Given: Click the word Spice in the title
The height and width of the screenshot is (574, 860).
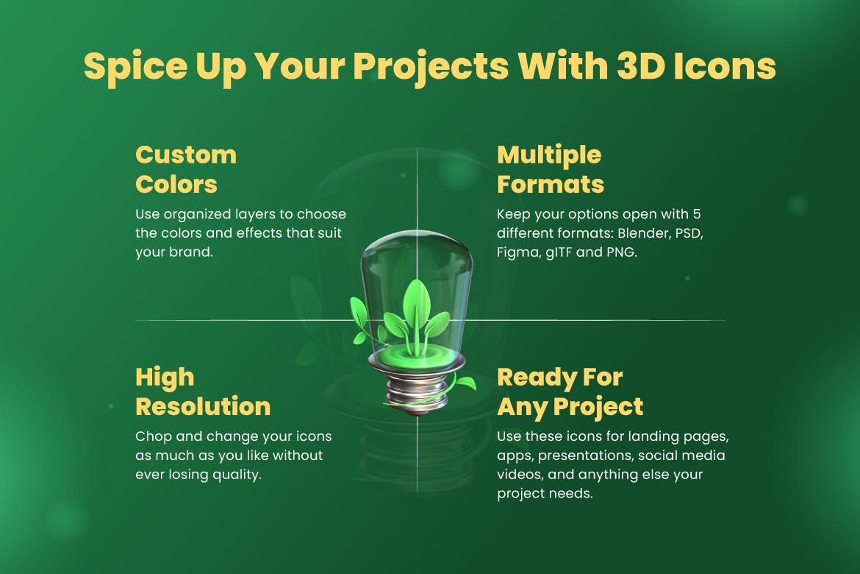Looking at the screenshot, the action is click(x=135, y=67).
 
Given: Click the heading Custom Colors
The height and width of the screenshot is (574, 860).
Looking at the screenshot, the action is click(x=186, y=170).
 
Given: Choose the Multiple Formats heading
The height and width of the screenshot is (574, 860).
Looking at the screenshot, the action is click(x=550, y=170).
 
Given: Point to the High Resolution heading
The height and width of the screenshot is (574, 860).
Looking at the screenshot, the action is click(x=203, y=391).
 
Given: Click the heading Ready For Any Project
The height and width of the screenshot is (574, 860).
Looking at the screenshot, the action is click(x=570, y=391).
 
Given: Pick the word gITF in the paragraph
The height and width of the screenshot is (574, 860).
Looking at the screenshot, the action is click(x=559, y=252).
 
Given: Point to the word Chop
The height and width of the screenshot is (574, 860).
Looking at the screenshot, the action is click(x=154, y=436).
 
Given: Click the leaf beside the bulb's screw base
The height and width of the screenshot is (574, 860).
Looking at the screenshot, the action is click(x=465, y=382).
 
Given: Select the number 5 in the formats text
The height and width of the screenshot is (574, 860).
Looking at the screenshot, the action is click(x=697, y=213).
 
